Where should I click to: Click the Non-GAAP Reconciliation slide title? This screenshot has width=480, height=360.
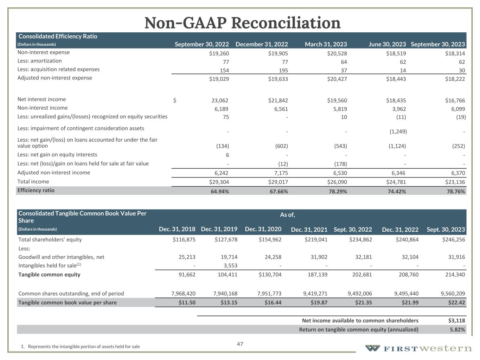tap(242, 23)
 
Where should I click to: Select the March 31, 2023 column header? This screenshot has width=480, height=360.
tap(326, 44)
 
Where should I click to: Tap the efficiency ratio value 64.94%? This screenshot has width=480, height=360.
tap(219, 192)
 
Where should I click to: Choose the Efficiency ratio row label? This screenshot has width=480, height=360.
tap(36, 191)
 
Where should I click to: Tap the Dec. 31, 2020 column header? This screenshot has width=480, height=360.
tap(263, 229)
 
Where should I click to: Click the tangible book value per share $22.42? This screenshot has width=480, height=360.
tap(456, 303)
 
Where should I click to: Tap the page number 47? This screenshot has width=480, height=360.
tap(240, 344)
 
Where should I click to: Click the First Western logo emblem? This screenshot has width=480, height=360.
tap(372, 348)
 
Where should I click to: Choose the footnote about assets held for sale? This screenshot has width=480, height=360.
tap(81, 347)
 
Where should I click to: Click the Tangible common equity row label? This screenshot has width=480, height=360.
tap(49, 275)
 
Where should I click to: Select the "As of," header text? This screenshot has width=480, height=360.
tap(287, 215)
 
